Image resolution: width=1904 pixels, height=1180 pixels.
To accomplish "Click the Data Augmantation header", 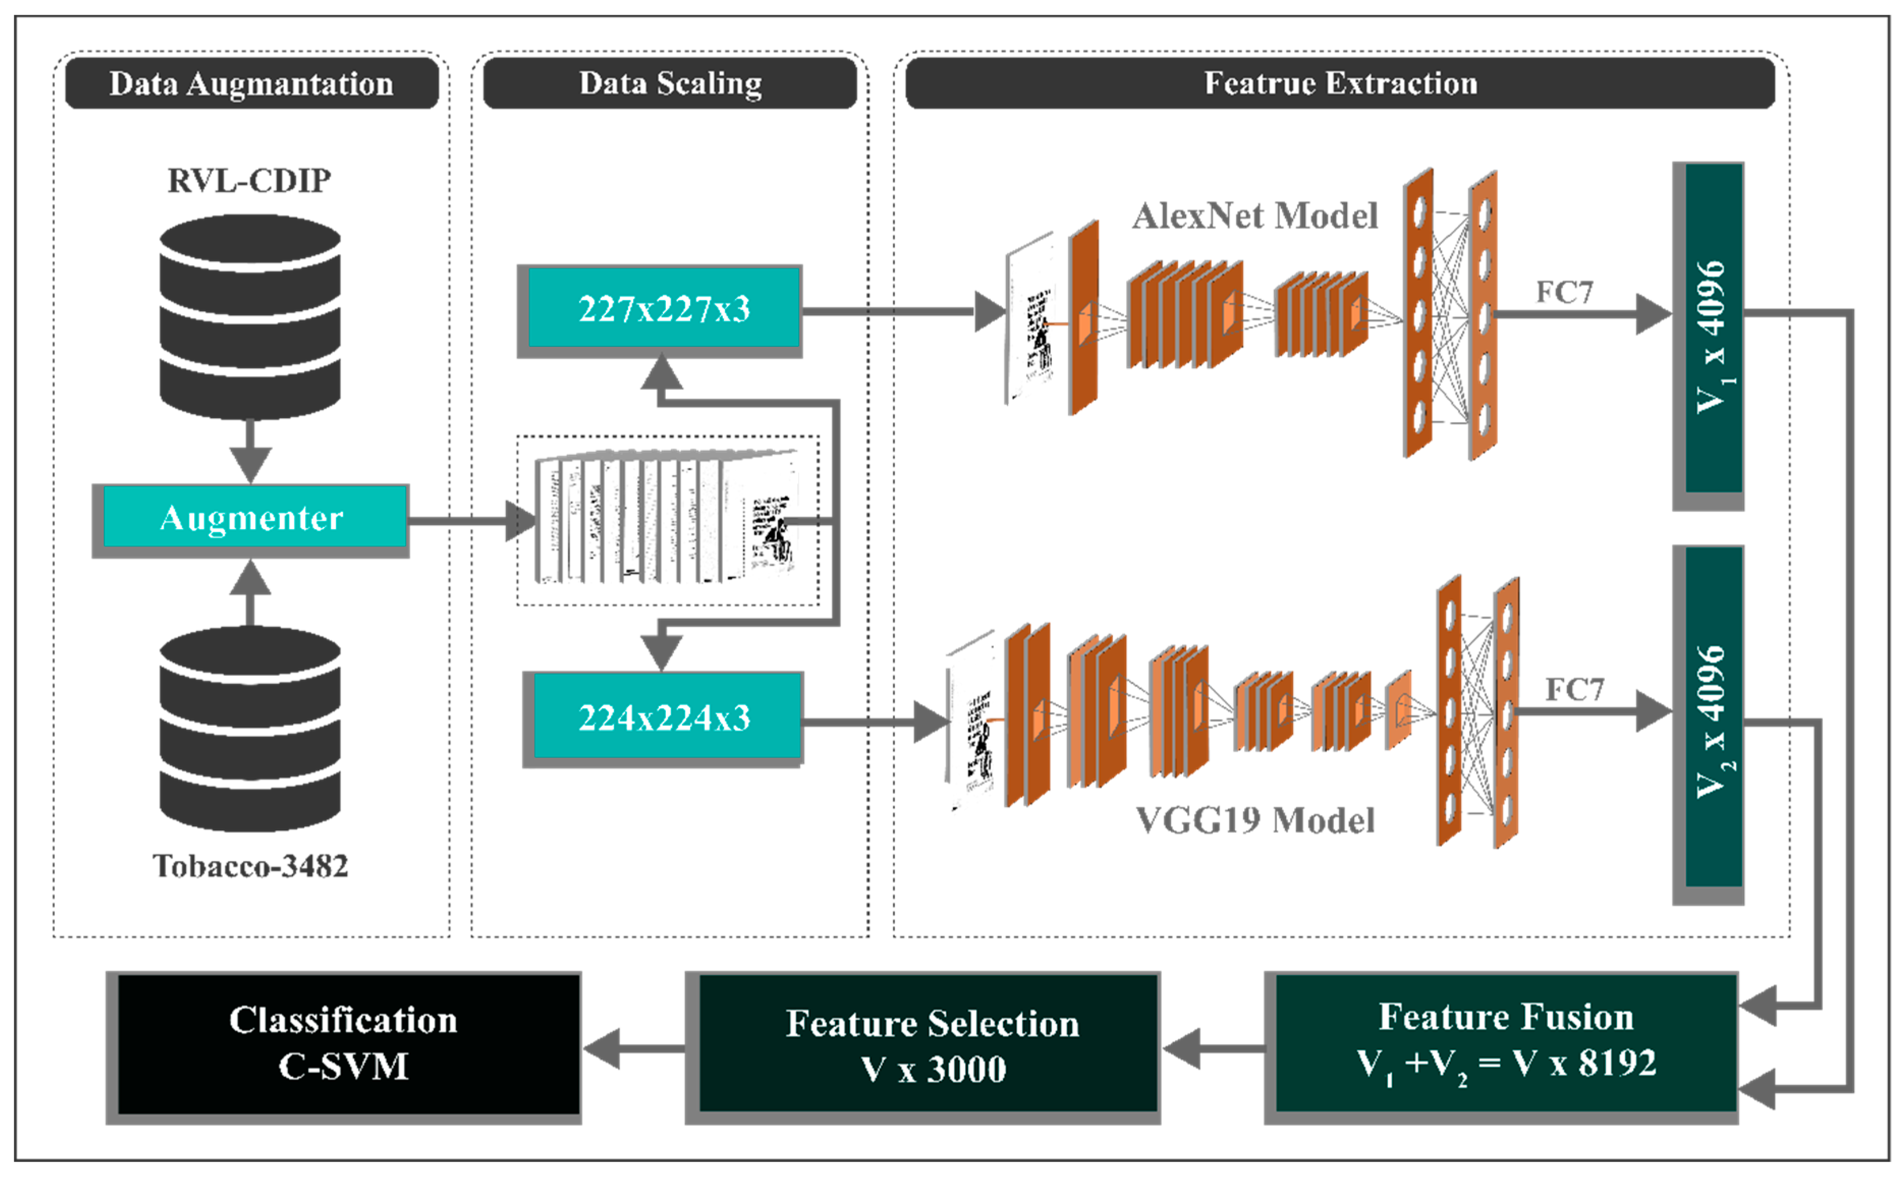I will (x=251, y=83).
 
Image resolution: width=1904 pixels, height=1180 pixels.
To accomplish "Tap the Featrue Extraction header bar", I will (x=1340, y=83).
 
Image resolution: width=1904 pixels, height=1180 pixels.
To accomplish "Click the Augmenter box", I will (x=251, y=518).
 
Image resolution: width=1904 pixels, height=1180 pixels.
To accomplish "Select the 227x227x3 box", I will (x=663, y=309).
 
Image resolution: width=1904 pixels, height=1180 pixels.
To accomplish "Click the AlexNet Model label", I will (x=1255, y=216).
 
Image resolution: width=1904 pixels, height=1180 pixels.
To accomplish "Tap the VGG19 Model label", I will (x=1255, y=820).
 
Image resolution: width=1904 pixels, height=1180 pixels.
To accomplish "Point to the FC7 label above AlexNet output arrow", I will (x=1564, y=293).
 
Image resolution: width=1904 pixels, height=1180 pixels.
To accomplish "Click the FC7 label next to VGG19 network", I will (x=1574, y=690).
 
